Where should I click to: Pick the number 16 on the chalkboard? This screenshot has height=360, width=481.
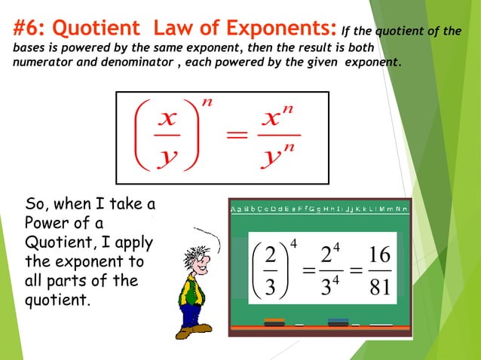click(x=376, y=255)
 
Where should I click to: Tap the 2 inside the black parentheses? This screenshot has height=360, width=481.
click(x=270, y=256)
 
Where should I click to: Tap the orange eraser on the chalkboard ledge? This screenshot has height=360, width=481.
click(x=274, y=322)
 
